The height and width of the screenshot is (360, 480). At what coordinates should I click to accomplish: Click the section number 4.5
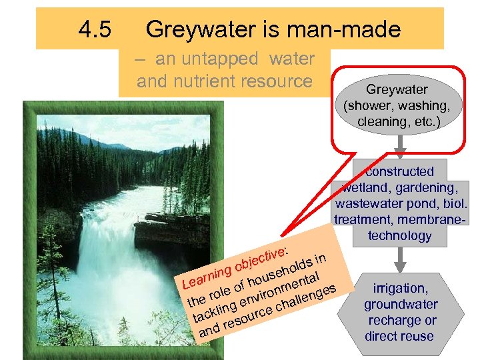[95, 29]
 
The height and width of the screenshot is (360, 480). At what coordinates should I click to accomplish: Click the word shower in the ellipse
[371, 105]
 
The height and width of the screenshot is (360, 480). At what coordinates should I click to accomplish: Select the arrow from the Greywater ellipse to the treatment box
[399, 143]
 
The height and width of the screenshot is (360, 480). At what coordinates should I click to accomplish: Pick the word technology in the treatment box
[399, 235]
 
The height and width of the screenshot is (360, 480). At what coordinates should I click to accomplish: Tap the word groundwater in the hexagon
[401, 304]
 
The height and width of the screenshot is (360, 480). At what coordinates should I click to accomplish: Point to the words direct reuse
[399, 336]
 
